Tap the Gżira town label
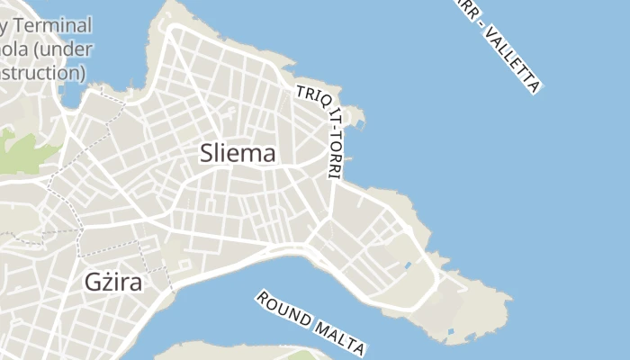click(114, 280)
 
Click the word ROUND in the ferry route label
click(284, 309)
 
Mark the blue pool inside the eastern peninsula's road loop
click(408, 266)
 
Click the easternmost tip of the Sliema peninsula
click(509, 298)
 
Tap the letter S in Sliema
click(205, 154)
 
